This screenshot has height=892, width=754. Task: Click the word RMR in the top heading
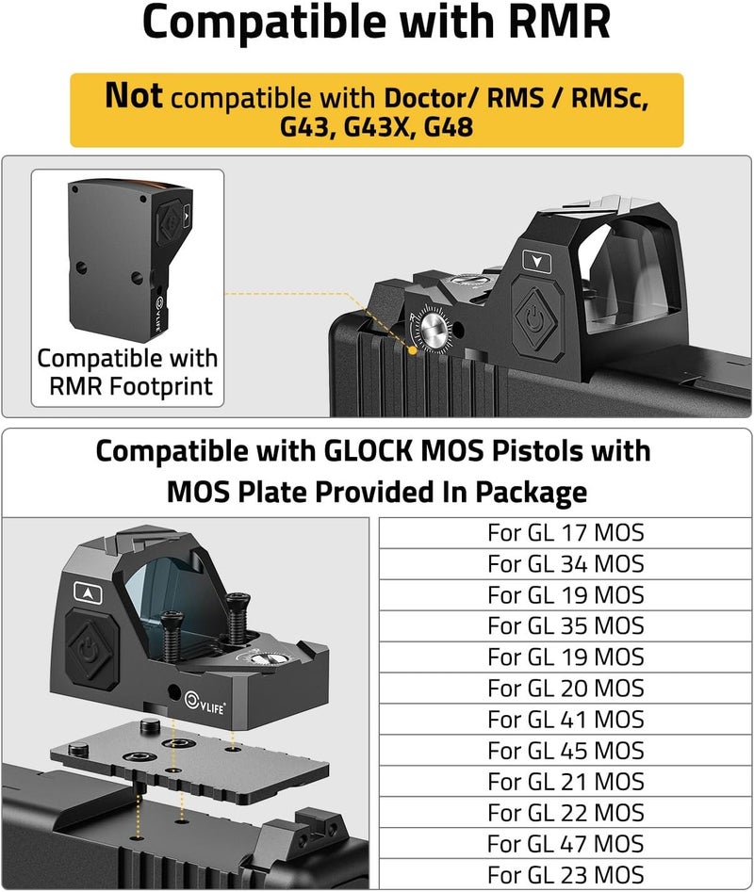coord(560,22)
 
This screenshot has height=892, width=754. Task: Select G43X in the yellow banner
coord(377,126)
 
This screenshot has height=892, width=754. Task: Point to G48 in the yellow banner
coord(449,126)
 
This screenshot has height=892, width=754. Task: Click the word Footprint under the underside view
coord(161,387)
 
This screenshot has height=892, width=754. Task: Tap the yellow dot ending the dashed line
coord(413,350)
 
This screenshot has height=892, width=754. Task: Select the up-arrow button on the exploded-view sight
coord(89,592)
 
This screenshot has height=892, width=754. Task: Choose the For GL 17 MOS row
coord(565,533)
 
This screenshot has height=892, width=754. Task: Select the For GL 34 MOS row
coord(565,564)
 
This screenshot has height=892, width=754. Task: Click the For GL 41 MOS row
coord(565,720)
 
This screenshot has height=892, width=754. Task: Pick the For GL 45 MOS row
coord(565,751)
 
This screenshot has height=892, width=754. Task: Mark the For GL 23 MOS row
coord(565,875)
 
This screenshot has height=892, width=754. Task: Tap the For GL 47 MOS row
coord(565,844)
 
